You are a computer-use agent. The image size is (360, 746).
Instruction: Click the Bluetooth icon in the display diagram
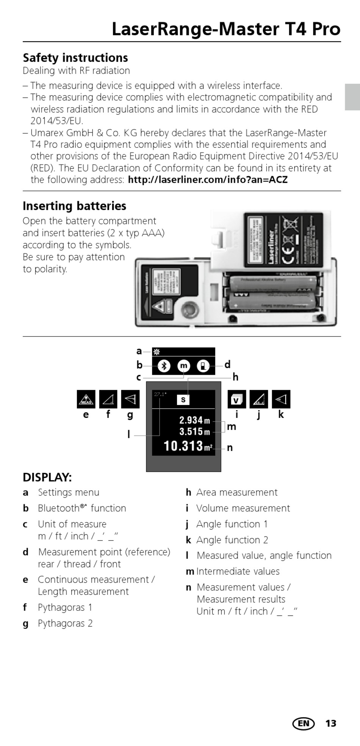[164, 366]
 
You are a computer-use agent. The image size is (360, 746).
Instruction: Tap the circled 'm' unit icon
[184, 366]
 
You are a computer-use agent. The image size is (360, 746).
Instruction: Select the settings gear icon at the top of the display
[157, 352]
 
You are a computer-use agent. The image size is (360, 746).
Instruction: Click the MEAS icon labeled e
[86, 399]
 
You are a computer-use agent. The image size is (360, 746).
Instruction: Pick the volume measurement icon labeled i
[236, 399]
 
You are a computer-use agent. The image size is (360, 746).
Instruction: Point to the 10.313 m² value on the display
[188, 446]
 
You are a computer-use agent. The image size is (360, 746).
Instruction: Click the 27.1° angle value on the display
[160, 394]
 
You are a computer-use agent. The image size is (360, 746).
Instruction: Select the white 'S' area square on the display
[183, 400]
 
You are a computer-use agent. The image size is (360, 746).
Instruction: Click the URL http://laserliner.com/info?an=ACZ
[208, 180]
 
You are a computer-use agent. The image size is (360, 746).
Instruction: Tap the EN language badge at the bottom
[304, 724]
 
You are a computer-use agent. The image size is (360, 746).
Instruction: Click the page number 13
[331, 724]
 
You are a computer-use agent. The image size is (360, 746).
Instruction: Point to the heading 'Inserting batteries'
[74, 206]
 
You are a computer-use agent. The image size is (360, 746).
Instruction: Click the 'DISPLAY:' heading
[47, 477]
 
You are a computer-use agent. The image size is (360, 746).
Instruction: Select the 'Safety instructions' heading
[75, 58]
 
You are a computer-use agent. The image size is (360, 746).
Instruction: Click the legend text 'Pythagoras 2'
[65, 623]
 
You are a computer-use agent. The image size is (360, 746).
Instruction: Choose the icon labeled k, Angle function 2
[281, 399]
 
